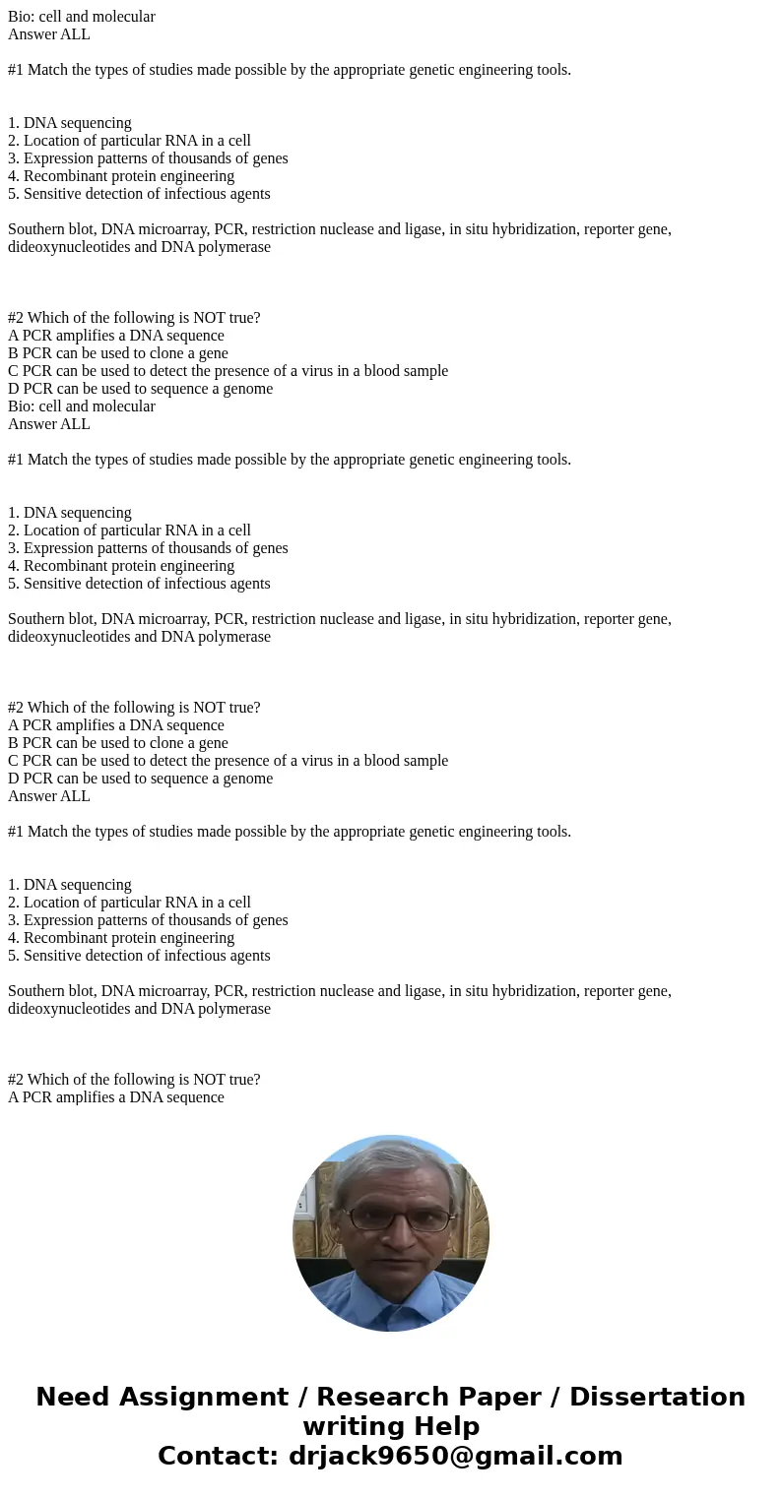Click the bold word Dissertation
(657, 1398)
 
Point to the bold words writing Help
(391, 1427)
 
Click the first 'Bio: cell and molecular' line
(82, 17)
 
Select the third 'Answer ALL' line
(49, 796)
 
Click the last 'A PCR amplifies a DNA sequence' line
(116, 1097)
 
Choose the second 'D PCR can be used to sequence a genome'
(141, 779)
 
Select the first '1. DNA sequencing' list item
(70, 123)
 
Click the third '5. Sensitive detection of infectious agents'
(139, 956)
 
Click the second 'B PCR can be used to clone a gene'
(118, 743)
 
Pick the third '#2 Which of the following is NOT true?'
(134, 1080)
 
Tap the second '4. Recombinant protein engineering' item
(121, 566)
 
